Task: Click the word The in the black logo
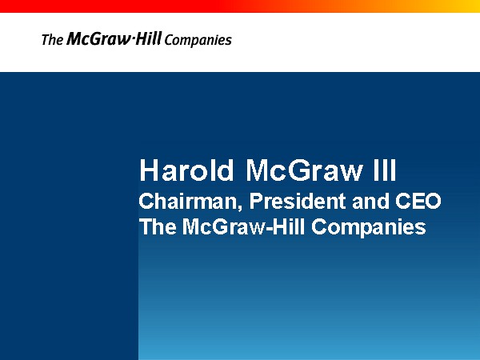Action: [52, 40]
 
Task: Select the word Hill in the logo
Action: [149, 38]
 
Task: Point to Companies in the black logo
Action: [198, 41]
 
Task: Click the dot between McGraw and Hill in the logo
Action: [133, 39]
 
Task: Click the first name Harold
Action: [186, 170]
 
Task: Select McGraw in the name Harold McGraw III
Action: [305, 170]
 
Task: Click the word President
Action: [298, 201]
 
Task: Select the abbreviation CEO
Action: [418, 201]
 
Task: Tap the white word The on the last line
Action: [158, 226]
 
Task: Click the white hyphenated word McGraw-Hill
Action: [244, 226]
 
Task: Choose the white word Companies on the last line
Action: [369, 228]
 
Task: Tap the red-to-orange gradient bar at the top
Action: [240, 6]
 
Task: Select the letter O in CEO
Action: [433, 201]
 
